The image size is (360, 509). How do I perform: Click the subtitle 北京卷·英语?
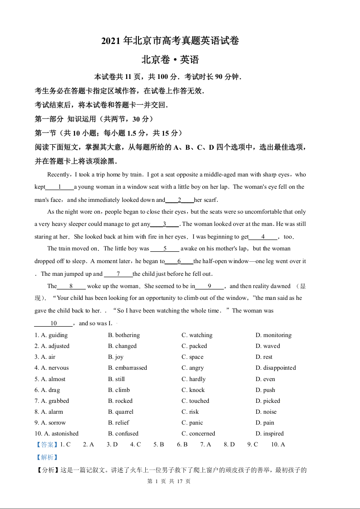pos(170,59)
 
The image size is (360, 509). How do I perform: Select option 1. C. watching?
pos(197,335)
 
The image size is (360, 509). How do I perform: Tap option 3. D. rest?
pos(264,357)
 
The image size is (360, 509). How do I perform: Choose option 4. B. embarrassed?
pos(128,368)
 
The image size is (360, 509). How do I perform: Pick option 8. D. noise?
pos(266,412)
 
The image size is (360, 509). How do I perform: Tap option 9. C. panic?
pos(192,423)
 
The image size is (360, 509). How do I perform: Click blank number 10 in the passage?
pos(54,323)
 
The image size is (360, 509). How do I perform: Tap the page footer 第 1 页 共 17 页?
pos(169,481)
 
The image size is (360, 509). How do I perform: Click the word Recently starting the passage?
pos(59,175)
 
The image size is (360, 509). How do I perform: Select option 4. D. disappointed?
pos(276,368)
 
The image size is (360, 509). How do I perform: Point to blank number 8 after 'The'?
pos(71,286)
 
